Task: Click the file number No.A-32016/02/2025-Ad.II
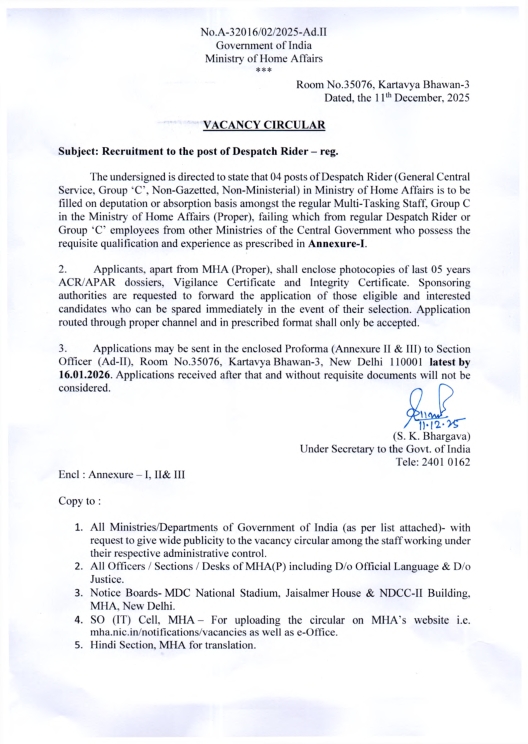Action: (x=264, y=32)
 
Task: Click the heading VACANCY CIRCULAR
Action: (x=264, y=125)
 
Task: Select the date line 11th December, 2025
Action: (x=397, y=98)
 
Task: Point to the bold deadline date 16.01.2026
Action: (x=84, y=375)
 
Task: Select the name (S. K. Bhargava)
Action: (x=431, y=436)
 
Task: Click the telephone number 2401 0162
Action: (x=445, y=462)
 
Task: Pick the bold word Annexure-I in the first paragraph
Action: (x=337, y=244)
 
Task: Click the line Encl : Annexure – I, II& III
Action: (x=122, y=475)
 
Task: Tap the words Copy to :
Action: (x=80, y=501)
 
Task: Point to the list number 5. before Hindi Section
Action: (x=79, y=646)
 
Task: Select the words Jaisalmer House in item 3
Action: (x=323, y=593)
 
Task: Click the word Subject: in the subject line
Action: (x=78, y=151)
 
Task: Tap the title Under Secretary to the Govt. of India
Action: (x=385, y=449)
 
